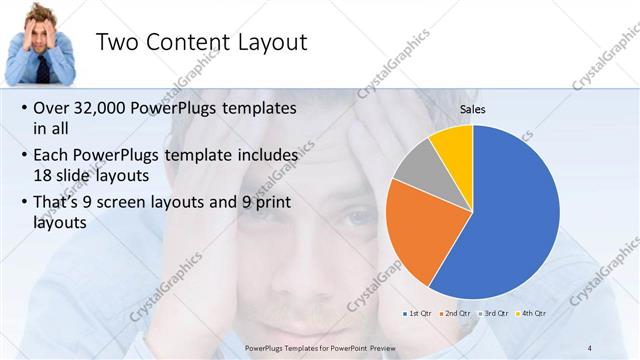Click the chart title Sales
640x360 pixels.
[x=473, y=109]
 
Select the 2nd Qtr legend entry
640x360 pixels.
[x=457, y=313]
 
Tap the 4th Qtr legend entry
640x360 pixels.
[x=533, y=313]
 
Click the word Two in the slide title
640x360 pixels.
[x=117, y=42]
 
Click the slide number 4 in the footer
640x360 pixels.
[x=590, y=346]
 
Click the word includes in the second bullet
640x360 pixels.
[x=263, y=156]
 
